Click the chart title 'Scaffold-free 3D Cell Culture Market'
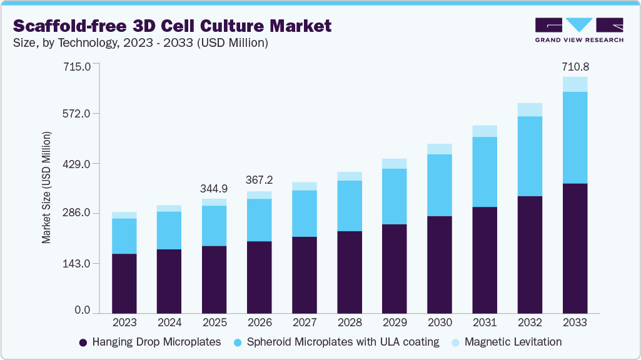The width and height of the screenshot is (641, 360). (172, 26)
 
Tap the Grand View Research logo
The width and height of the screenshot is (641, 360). (579, 30)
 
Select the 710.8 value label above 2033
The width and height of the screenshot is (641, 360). (575, 66)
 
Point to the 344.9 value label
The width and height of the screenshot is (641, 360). (215, 188)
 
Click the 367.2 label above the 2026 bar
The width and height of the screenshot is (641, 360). (260, 181)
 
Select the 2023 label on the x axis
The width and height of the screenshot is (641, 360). (124, 323)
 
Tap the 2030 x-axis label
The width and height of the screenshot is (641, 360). (440, 323)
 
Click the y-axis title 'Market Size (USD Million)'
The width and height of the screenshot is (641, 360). (46, 187)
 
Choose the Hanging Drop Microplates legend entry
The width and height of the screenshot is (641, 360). (150, 342)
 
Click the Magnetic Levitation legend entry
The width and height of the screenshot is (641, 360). (507, 342)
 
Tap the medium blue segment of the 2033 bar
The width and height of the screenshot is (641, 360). (575, 137)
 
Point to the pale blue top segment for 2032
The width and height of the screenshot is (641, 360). (530, 109)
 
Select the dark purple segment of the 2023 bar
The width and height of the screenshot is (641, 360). (124, 283)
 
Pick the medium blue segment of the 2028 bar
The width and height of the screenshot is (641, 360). (350, 206)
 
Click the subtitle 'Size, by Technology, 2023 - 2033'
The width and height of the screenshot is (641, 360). (141, 43)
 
